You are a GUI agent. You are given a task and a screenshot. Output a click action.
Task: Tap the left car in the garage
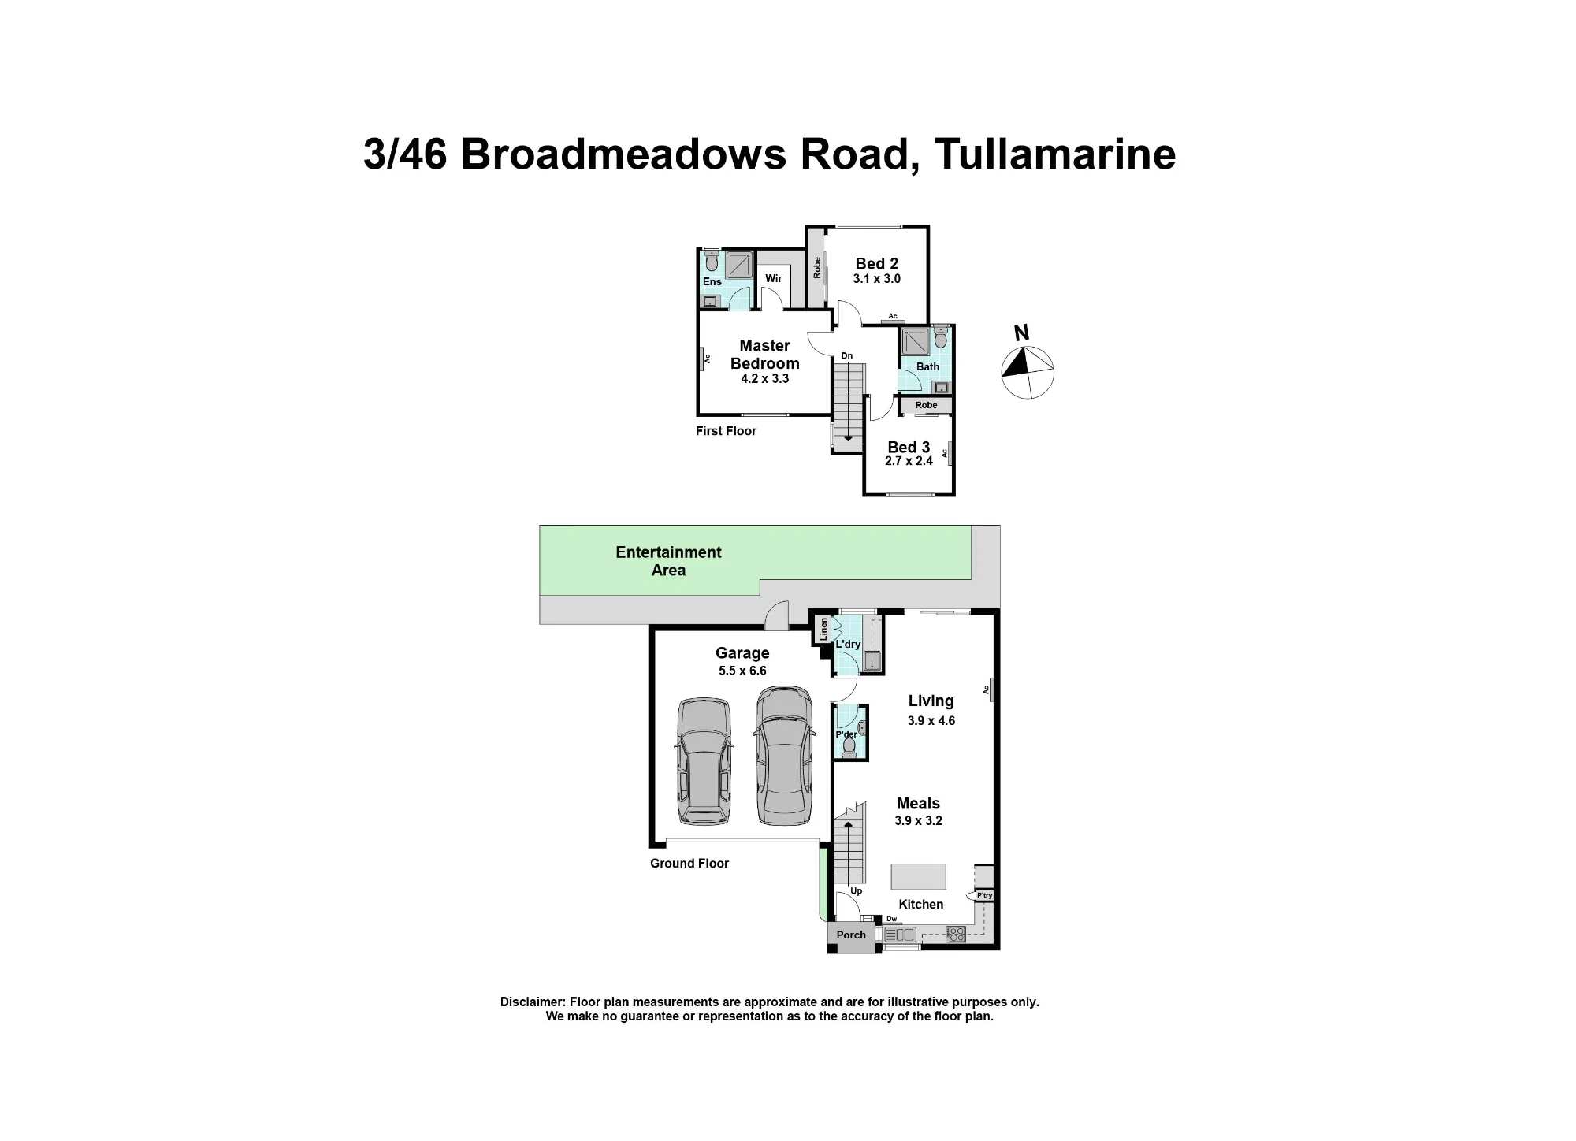704,761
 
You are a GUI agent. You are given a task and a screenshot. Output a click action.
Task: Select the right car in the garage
784,756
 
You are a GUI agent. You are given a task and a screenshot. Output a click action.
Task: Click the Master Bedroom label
764,355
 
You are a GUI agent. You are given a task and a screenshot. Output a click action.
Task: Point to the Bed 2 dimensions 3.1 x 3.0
876,279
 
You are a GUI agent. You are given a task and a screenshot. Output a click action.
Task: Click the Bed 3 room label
909,447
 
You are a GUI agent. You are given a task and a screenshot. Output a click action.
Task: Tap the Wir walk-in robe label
774,278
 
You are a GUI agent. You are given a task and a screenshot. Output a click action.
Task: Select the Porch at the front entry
851,936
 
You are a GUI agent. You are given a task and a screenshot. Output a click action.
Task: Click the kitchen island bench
919,876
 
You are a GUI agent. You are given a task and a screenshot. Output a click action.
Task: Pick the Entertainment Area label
668,561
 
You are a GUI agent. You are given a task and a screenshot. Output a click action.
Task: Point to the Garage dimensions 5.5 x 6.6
742,671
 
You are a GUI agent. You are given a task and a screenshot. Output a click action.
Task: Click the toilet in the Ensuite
712,260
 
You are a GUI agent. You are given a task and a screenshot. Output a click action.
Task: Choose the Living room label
931,701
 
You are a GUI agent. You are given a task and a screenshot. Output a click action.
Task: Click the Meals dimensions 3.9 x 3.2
918,820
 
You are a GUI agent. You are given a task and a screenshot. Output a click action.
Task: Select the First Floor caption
726,431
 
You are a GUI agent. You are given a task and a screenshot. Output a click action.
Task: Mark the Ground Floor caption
689,864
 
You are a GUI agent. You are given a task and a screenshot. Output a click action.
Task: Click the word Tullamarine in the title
1054,154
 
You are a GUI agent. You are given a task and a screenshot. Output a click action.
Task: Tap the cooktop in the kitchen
956,935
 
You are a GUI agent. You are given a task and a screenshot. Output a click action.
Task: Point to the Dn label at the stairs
847,356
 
